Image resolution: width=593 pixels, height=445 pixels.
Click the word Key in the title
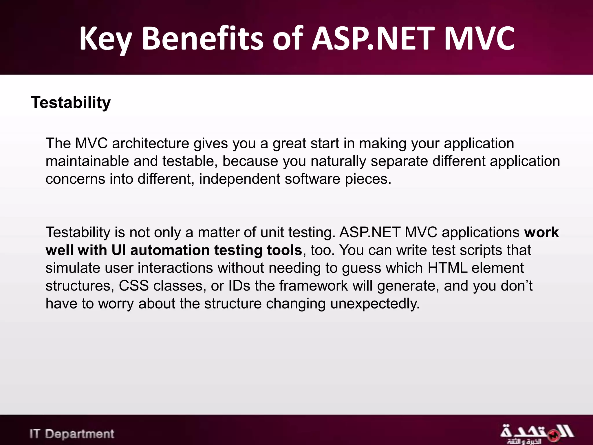point(105,39)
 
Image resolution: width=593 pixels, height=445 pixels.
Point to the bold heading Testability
point(71,103)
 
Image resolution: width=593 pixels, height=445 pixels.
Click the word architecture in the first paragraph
point(150,143)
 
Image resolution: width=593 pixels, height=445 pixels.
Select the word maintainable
point(87,161)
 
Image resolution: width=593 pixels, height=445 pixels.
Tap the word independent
point(239,179)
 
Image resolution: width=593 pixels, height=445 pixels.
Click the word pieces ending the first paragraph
point(367,179)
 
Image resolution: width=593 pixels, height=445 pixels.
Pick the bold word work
point(541,232)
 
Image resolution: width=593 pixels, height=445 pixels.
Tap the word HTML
point(447,268)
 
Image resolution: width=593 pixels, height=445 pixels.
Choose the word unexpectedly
point(375,304)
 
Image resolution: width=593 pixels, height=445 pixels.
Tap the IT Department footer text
point(72,434)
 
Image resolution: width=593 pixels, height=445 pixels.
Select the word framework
point(313,286)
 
